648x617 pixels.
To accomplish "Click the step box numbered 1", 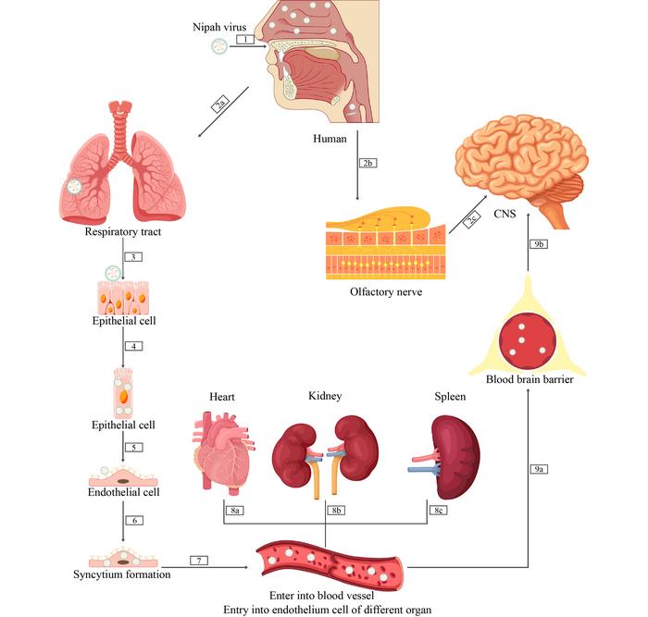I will click(x=244, y=40).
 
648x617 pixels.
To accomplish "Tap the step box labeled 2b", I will click(x=368, y=163).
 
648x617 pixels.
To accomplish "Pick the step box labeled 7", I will click(x=198, y=561).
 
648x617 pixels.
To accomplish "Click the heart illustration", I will click(x=220, y=452).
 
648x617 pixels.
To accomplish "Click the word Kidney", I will click(x=325, y=396).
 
